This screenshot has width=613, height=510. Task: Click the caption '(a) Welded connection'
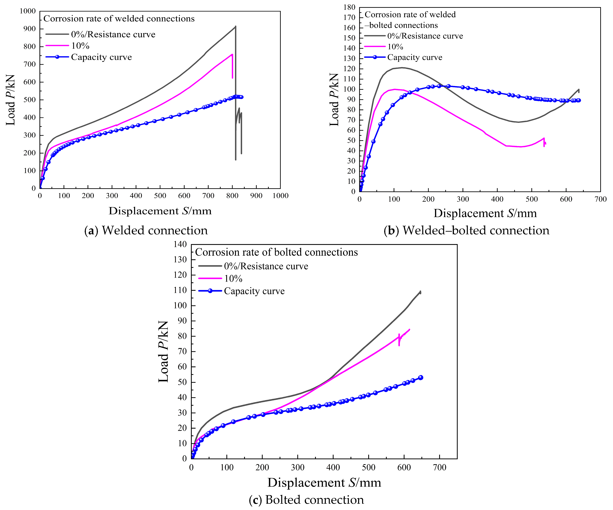pyautogui.click(x=146, y=230)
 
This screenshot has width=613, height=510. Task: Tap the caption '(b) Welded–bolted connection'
pyautogui.click(x=467, y=230)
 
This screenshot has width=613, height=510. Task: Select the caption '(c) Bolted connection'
pyautogui.click(x=307, y=500)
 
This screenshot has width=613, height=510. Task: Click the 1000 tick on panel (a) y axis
pyautogui.click(x=28, y=11)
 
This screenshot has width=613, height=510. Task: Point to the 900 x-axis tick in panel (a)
pyautogui.click(x=256, y=196)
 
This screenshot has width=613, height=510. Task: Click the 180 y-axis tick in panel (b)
pyautogui.click(x=349, y=7)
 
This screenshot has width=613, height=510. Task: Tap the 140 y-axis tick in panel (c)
pyautogui.click(x=180, y=244)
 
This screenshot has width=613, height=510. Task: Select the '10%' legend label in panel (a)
pyautogui.click(x=80, y=46)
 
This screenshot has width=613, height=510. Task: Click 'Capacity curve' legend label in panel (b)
pyautogui.click(x=415, y=57)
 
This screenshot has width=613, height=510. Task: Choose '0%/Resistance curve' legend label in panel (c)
pyautogui.click(x=266, y=266)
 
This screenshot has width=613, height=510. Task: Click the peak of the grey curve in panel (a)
pyautogui.click(x=235, y=26)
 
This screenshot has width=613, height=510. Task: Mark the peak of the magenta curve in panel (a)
pyautogui.click(x=232, y=54)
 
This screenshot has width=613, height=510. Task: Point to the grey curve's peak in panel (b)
pyautogui.click(x=402, y=68)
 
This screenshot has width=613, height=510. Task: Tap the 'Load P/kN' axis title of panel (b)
pyautogui.click(x=334, y=100)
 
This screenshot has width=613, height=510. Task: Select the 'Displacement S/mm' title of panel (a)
pyautogui.click(x=160, y=211)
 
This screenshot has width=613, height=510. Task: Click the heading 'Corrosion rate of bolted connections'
pyautogui.click(x=276, y=252)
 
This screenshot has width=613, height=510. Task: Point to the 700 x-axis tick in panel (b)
pyautogui.click(x=600, y=199)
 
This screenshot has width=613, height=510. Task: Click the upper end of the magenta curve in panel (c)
pyautogui.click(x=409, y=330)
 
